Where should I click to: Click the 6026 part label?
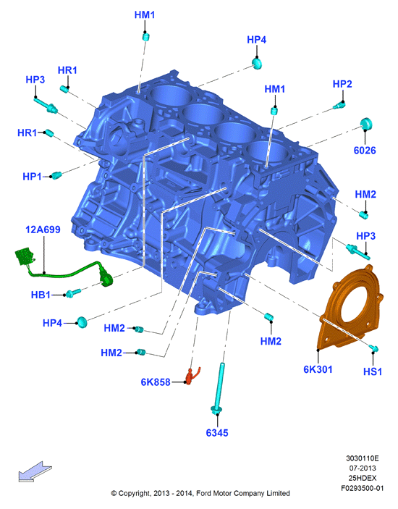pos(365,151)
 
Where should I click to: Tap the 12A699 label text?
pos(43,230)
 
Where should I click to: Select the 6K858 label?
pos(156,382)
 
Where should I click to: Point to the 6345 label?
pos(217,433)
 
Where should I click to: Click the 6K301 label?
pos(318,369)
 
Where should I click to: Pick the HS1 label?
pos(373,371)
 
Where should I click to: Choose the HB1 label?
pos(41,295)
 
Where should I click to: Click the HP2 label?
pos(342,84)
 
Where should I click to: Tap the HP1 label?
pos(32,177)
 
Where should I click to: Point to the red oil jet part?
pos(191,376)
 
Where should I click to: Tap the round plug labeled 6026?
pos(367,124)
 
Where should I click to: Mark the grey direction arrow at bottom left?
pos(35,471)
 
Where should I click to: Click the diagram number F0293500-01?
pos(362,488)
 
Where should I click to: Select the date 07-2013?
pos(363,468)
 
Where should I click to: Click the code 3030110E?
pos(363,458)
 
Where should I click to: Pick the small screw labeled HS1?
pos(373,348)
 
